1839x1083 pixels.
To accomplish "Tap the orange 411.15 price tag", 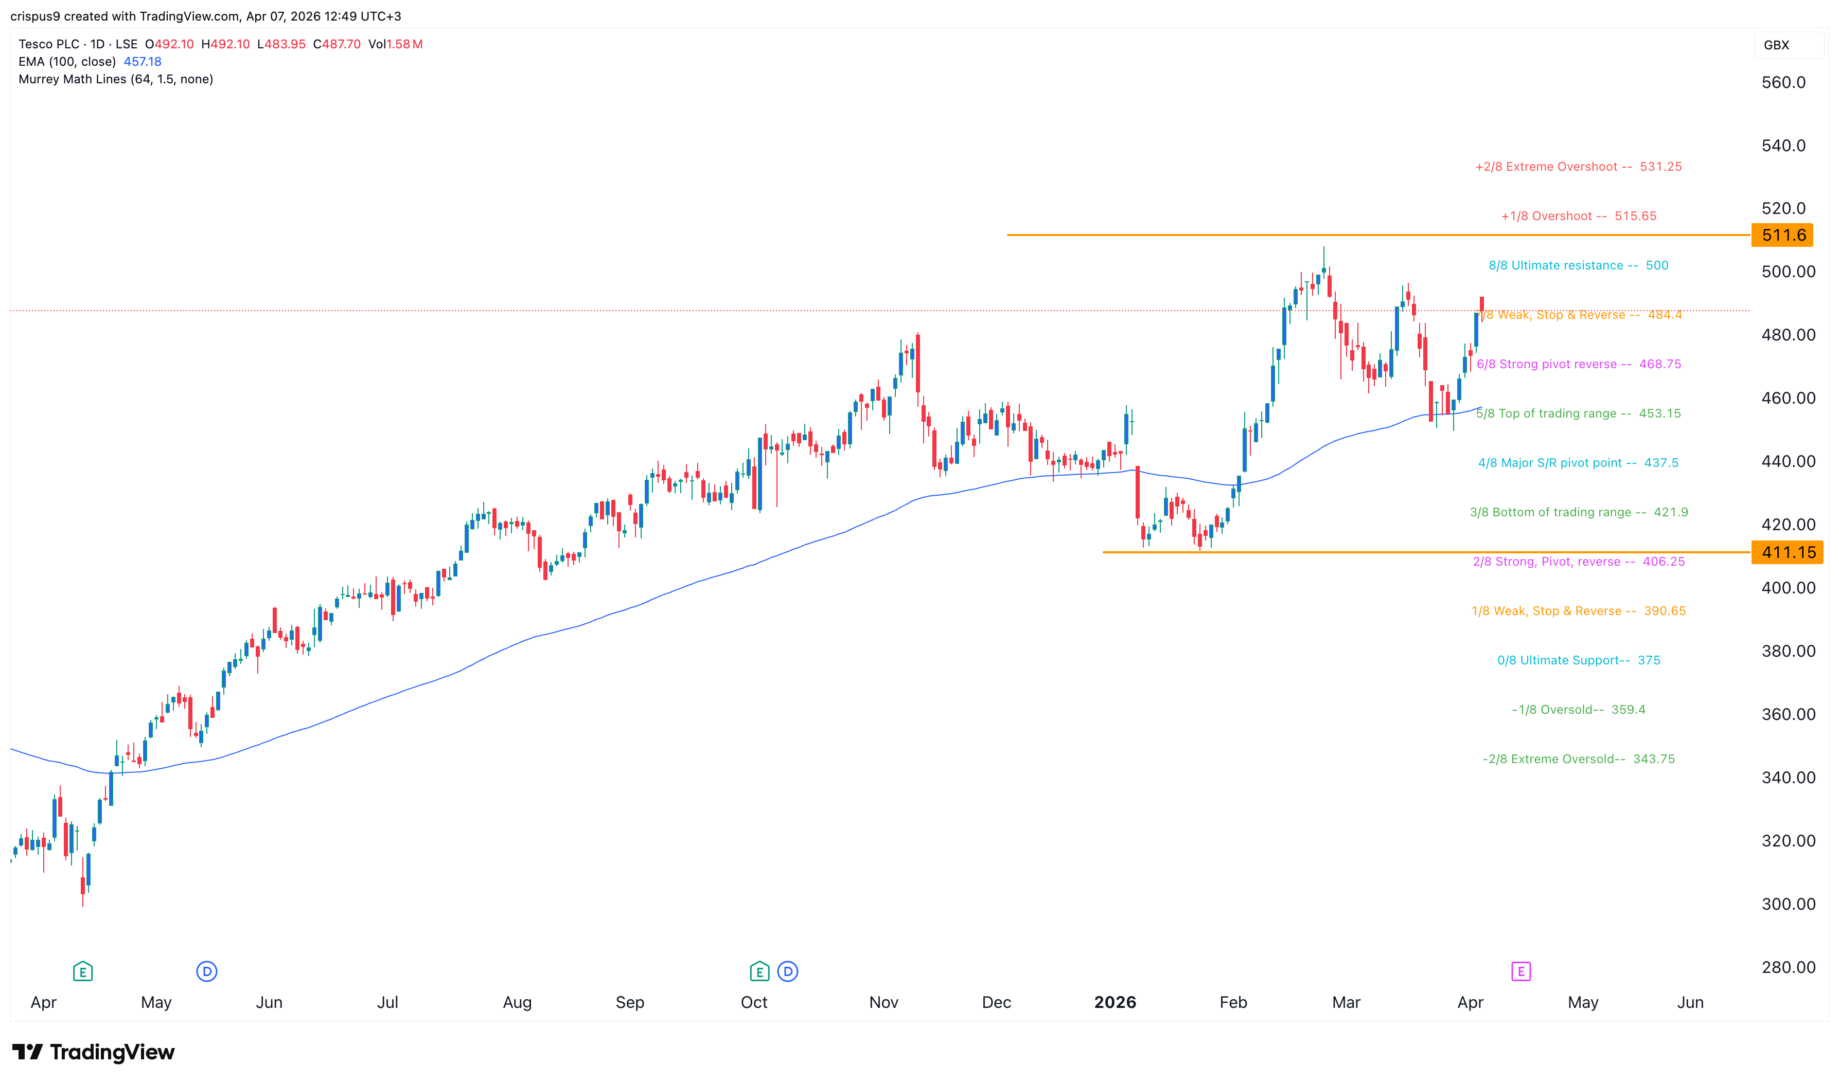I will coord(1787,552).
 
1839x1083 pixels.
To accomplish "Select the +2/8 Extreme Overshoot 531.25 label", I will coord(1578,167).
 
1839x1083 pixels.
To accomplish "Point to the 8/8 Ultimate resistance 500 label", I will coord(1578,266).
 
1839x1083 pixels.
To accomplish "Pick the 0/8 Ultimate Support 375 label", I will coord(1578,660).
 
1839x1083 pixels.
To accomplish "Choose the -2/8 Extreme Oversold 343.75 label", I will coord(1578,759).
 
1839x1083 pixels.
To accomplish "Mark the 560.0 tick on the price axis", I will coord(1783,82).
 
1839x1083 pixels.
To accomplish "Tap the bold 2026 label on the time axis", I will coord(1115,1003).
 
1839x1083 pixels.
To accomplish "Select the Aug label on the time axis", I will coord(517,1003).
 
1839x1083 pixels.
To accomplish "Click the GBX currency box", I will coord(1776,45).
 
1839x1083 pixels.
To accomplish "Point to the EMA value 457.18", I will coord(143,62).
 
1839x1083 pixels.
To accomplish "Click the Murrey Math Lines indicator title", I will coord(115,80).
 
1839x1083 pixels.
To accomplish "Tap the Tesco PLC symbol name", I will coord(49,45).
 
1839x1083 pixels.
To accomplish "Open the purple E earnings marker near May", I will coord(1520,971).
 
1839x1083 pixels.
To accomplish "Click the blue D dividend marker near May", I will coord(207,971).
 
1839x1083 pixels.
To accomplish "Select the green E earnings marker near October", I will coord(759,971).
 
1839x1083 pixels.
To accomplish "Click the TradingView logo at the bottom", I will coord(94,1052).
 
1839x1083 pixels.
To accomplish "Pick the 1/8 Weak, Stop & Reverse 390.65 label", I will coord(1578,611).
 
